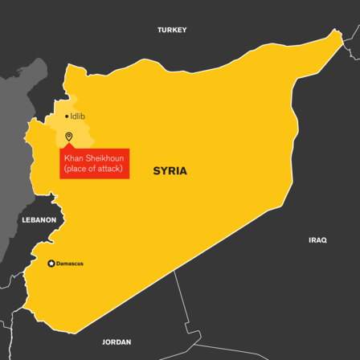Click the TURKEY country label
point(172,30)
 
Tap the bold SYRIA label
point(170,171)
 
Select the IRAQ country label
point(317,239)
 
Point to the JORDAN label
point(117,342)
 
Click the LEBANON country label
point(38,219)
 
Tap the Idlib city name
point(78,117)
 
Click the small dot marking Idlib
point(66,117)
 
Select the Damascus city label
point(70,264)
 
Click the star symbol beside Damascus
point(51,264)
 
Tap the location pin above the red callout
point(69,137)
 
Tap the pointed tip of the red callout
point(69,145)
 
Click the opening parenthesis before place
point(66,169)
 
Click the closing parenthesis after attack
point(123,169)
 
